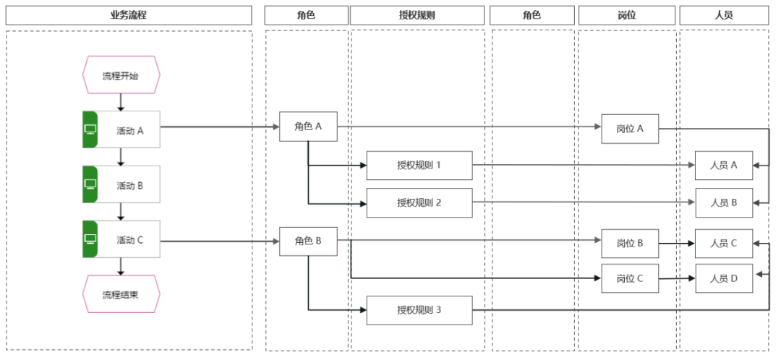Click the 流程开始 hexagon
tap(121, 76)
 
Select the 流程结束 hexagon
tap(121, 293)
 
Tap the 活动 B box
tap(121, 185)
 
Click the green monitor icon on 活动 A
tap(90, 129)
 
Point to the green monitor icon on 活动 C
tap(90, 239)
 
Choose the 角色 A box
tap(308, 127)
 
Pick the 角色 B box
tap(308, 241)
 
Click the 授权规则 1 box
tap(419, 166)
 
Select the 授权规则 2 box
tap(419, 202)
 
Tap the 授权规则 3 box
tap(419, 310)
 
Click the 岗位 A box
tap(630, 129)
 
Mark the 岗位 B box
tap(630, 244)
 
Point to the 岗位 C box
tap(630, 278)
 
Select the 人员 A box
tap(724, 166)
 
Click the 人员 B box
tap(724, 202)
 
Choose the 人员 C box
tap(724, 244)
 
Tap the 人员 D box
tap(724, 278)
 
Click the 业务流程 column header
tap(129, 15)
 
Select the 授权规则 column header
tap(417, 15)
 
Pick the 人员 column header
tap(724, 15)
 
